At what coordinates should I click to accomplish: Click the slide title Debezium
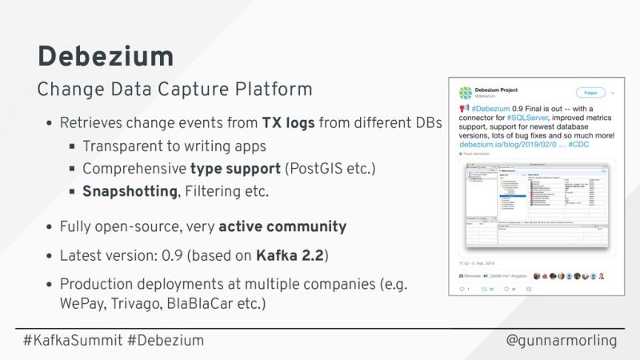[105, 56]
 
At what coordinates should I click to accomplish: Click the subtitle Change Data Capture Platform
[174, 88]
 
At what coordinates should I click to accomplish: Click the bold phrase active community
[282, 226]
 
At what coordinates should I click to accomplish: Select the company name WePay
[82, 305]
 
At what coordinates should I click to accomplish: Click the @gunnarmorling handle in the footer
[562, 341]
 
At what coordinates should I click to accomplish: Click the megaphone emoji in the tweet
[464, 109]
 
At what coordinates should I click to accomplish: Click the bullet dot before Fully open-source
[50, 227]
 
